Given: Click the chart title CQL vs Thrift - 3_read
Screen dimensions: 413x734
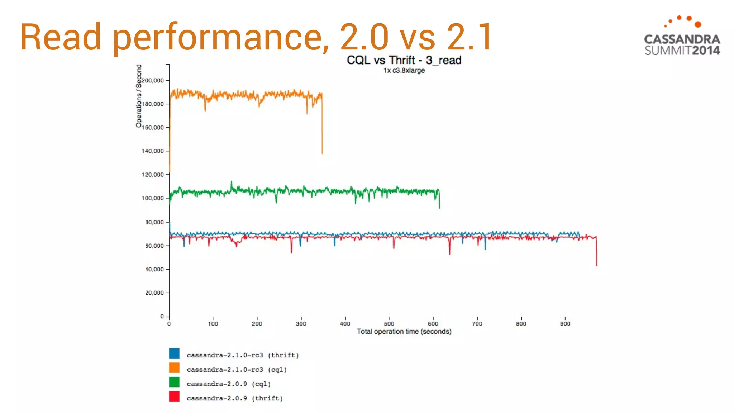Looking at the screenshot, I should pyautogui.click(x=404, y=60).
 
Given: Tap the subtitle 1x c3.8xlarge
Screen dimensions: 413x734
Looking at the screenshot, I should pyautogui.click(x=404, y=71).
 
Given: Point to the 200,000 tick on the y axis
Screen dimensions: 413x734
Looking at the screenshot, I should pyautogui.click(x=153, y=81).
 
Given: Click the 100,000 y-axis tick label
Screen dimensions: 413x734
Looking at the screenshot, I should pyautogui.click(x=153, y=198).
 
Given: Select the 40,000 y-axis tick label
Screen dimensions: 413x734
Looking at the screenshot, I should pyautogui.click(x=154, y=269).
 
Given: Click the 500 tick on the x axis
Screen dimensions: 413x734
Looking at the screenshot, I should pyautogui.click(x=389, y=324).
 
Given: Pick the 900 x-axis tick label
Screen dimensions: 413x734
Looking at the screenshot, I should pyautogui.click(x=565, y=324).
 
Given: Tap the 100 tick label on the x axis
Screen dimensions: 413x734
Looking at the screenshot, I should pyautogui.click(x=213, y=324).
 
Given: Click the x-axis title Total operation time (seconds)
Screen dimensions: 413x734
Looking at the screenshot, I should pyautogui.click(x=404, y=332).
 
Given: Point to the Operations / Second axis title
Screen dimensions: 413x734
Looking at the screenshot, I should pyautogui.click(x=139, y=96).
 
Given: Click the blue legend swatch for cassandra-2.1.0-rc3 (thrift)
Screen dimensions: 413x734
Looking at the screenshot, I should pyautogui.click(x=174, y=353).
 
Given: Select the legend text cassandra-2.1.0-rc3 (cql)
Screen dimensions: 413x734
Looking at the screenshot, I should pyautogui.click(x=237, y=370).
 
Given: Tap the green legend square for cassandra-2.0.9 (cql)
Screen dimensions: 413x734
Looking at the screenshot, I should pyautogui.click(x=174, y=382).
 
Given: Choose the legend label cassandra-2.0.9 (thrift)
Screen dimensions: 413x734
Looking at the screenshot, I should pyautogui.click(x=235, y=398).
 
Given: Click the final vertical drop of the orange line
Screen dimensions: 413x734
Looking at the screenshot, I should pyautogui.click(x=322, y=129).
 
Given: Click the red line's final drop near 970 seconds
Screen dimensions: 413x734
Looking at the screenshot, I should pyautogui.click(x=596, y=253).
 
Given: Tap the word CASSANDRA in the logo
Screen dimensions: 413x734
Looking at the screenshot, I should pyautogui.click(x=682, y=39).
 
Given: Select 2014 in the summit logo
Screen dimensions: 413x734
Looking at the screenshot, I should pyautogui.click(x=706, y=51).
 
